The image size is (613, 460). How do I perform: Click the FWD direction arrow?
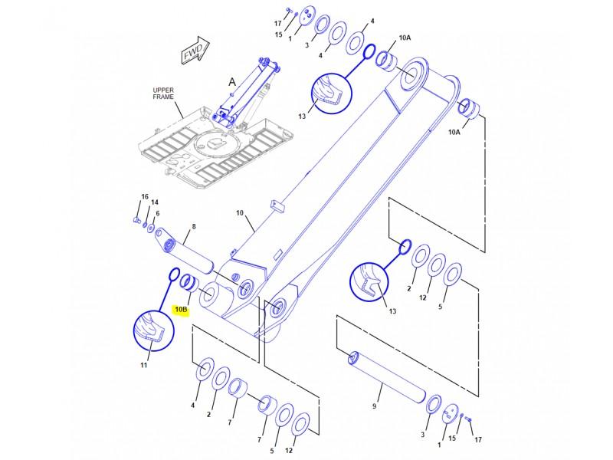[x=195, y=51]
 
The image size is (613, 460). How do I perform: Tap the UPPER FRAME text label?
[x=163, y=94]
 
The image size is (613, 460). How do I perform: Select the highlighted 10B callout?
[x=182, y=310]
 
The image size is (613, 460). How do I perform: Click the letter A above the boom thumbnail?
[x=232, y=82]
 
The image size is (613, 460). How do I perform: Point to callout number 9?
[x=374, y=406]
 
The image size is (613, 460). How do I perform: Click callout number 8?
[x=194, y=226]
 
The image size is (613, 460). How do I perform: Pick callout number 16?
[x=145, y=196]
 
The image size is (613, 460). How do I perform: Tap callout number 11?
[x=144, y=365]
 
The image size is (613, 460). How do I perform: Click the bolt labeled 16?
[x=136, y=220]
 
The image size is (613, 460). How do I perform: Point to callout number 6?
[x=158, y=213]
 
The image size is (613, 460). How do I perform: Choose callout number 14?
[x=155, y=202]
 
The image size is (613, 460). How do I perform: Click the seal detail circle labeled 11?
[x=154, y=331]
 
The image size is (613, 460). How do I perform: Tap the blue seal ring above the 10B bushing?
[x=174, y=274]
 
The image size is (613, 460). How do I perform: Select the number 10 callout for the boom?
[x=240, y=213]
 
